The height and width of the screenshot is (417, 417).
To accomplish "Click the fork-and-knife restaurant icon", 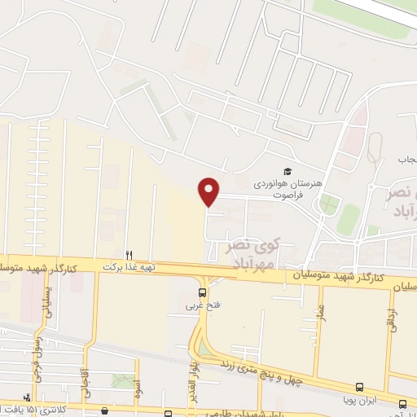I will coord(129,253).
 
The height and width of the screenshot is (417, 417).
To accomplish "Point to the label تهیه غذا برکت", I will coord(129,266).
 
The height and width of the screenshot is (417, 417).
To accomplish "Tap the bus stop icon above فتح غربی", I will coord(203,292).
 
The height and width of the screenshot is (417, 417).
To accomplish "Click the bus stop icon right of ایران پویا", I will coord(402,403).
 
